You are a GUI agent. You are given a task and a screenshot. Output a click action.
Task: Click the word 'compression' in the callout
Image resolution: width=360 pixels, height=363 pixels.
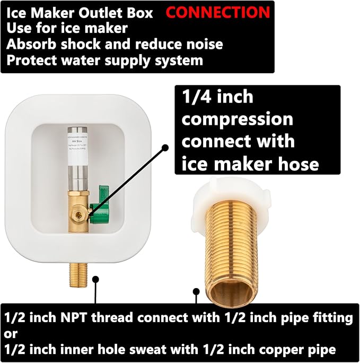237,119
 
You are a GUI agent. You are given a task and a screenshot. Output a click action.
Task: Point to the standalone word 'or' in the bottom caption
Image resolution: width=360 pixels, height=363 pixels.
11,334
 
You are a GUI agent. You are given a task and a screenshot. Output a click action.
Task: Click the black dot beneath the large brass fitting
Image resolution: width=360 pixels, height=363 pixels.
196,291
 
